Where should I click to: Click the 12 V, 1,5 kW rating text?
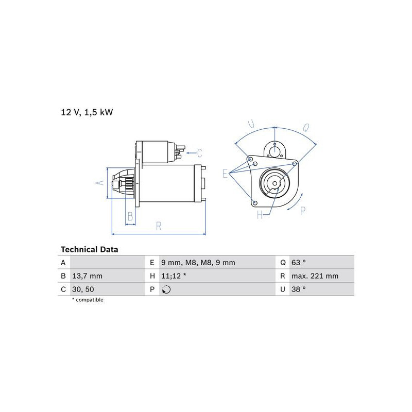click(x=87, y=112)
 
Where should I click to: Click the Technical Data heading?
click(x=89, y=249)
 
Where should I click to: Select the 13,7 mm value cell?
click(x=87, y=276)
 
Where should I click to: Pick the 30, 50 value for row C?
click(x=83, y=289)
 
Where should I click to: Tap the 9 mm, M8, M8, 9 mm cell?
click(x=198, y=263)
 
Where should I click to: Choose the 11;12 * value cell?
click(x=174, y=276)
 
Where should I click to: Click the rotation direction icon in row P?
click(x=166, y=289)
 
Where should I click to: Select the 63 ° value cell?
click(x=299, y=263)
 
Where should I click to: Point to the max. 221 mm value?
click(x=315, y=276)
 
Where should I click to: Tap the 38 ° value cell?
click(x=299, y=289)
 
